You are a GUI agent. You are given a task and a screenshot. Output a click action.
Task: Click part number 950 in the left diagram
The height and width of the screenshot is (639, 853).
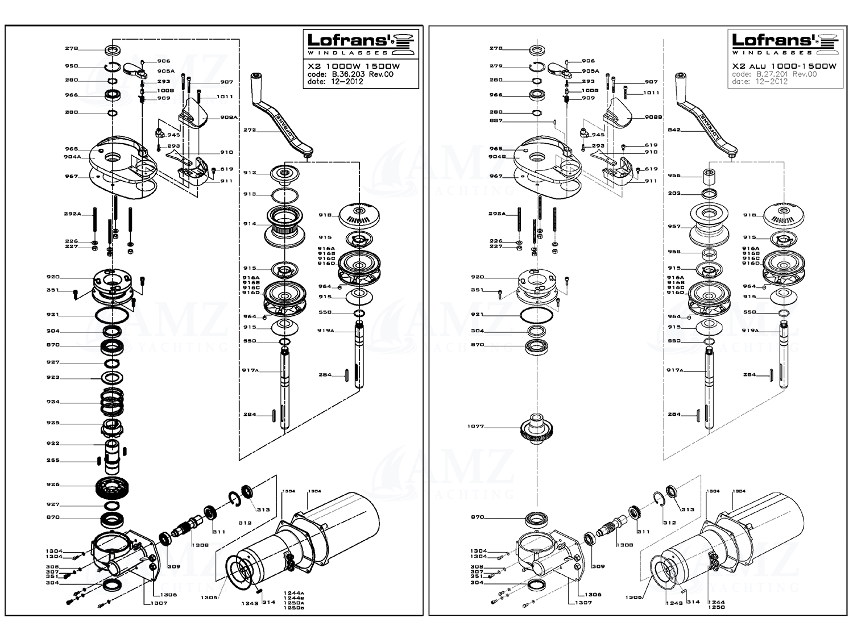[71, 66]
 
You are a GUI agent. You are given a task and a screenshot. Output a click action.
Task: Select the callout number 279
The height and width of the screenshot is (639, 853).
[496, 66]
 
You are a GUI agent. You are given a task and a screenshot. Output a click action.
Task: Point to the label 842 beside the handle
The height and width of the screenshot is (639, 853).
[674, 130]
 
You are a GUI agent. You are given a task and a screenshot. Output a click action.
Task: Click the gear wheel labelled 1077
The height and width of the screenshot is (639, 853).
[537, 429]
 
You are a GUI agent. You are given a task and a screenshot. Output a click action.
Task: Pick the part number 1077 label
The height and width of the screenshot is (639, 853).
[475, 426]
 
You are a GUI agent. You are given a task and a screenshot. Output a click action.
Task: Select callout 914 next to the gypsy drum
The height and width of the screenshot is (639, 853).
[250, 224]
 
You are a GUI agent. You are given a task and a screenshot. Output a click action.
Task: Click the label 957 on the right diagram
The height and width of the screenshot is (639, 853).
[674, 226]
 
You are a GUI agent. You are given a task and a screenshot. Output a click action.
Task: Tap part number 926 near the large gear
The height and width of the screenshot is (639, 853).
[53, 485]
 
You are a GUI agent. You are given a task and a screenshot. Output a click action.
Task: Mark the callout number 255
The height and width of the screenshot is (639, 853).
[53, 461]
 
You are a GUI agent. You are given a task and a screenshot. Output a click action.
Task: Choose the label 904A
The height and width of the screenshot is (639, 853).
[72, 157]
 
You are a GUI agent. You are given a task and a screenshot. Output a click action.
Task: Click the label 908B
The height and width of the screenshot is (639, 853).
[653, 117]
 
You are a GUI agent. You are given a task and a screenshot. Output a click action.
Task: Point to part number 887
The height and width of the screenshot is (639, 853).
[496, 121]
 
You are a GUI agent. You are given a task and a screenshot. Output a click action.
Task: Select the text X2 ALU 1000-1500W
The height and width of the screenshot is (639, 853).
[784, 66]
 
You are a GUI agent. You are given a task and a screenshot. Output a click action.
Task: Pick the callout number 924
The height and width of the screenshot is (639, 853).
[53, 402]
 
